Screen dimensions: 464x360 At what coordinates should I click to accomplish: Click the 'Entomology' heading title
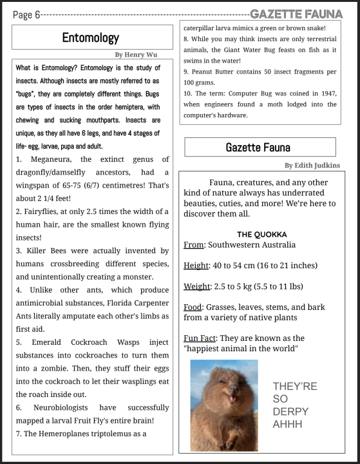point(91,38)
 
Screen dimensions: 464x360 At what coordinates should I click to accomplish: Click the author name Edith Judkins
point(312,166)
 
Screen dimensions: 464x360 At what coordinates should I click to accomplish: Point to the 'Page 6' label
point(26,15)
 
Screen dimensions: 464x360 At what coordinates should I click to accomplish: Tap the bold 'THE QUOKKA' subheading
point(261,235)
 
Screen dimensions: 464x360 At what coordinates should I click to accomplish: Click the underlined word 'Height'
point(196,266)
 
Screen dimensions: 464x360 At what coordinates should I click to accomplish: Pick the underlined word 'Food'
point(193,307)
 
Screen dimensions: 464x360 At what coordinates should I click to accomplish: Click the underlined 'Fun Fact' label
point(200,338)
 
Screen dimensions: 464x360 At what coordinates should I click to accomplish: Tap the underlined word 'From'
point(193,245)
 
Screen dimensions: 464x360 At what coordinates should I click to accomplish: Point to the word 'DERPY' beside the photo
point(290,412)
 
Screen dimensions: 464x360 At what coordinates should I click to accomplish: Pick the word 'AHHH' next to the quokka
point(287,424)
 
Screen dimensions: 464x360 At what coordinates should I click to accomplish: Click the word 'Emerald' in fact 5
point(46,342)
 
